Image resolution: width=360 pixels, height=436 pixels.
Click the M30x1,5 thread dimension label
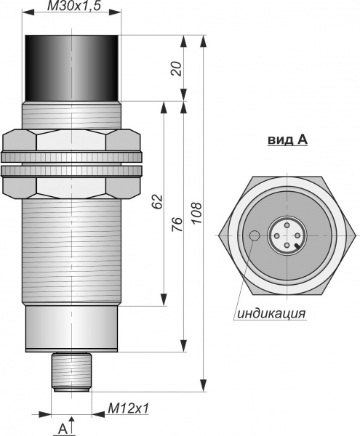(x=73, y=6)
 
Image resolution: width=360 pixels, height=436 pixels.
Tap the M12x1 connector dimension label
(x=128, y=408)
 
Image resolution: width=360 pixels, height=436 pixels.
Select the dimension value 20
(x=177, y=68)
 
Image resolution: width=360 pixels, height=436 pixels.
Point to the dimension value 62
(x=157, y=201)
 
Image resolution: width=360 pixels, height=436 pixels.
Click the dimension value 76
(x=177, y=225)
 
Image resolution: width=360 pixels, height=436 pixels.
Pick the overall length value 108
(x=196, y=213)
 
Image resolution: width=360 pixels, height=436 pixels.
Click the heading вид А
(x=288, y=140)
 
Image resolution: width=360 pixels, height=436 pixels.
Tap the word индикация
(x=271, y=313)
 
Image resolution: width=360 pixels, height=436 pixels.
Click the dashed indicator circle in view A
(x=255, y=235)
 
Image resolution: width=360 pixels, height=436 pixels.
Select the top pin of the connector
(x=287, y=225)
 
